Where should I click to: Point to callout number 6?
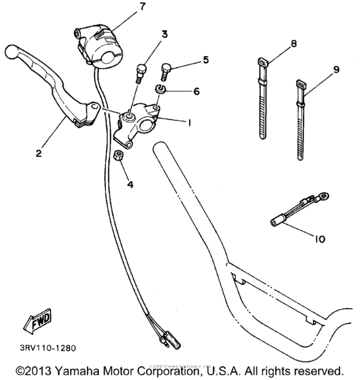point(195,91)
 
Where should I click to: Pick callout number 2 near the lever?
point(39,154)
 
